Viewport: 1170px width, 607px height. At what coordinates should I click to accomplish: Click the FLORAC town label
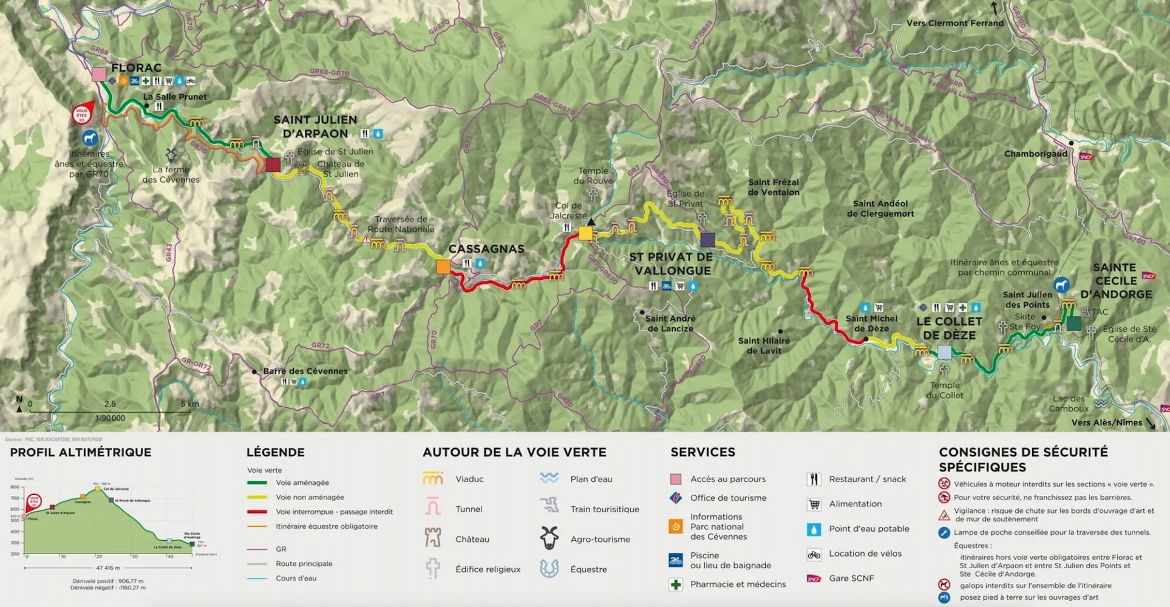(x=136, y=68)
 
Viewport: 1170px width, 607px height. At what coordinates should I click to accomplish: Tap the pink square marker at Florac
(x=99, y=75)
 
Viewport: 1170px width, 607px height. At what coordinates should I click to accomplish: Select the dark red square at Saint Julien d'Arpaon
(x=273, y=164)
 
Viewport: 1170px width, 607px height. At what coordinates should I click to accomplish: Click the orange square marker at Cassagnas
(x=443, y=266)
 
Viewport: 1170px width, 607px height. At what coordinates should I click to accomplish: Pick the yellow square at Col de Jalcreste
(x=585, y=233)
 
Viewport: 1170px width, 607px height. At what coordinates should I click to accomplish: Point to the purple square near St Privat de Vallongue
(x=707, y=240)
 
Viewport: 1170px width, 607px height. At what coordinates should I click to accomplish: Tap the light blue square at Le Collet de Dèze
(x=944, y=352)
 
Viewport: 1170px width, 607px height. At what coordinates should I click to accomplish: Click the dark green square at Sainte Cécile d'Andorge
(x=1073, y=324)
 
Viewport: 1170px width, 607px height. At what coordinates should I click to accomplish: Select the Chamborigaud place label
(x=1035, y=154)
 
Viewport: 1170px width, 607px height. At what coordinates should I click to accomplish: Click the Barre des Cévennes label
(x=305, y=371)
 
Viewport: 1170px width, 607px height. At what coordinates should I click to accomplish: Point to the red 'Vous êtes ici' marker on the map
(x=82, y=114)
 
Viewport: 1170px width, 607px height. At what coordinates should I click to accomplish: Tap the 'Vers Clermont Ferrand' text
(x=954, y=23)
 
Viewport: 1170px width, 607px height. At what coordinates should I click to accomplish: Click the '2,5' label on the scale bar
(x=110, y=404)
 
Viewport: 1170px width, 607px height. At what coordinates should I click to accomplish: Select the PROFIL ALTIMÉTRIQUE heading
(x=80, y=452)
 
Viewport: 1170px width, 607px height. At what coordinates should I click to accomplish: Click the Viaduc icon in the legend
(x=433, y=479)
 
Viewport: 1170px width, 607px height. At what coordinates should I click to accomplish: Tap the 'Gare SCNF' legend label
(x=851, y=578)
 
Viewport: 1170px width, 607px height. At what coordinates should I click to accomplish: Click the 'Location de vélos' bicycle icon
(x=814, y=554)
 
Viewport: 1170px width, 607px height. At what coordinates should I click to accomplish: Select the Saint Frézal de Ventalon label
(x=773, y=187)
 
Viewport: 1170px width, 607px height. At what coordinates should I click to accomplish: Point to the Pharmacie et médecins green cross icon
(x=675, y=585)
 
